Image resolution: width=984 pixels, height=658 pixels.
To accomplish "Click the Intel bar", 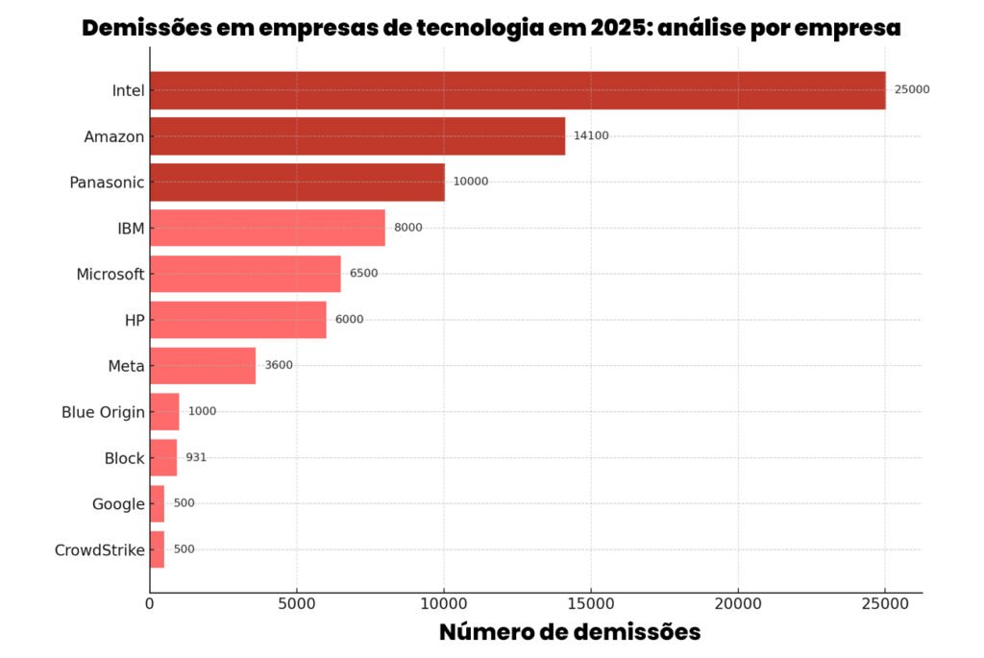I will click(517, 90).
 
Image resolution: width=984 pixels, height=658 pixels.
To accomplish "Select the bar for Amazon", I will click(357, 136).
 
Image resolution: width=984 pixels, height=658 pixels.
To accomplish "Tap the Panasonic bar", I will click(297, 182).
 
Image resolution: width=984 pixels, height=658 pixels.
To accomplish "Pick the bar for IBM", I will click(267, 228).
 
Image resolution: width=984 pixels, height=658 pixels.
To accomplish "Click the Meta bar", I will click(203, 366).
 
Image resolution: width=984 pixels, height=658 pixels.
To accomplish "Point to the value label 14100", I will click(591, 135).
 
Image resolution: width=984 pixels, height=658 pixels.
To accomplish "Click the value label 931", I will click(196, 457).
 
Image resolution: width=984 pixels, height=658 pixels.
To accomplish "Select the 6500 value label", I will click(363, 273).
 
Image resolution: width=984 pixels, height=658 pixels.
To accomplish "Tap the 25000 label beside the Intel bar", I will click(912, 89).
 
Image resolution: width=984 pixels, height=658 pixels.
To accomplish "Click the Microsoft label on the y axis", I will click(111, 275).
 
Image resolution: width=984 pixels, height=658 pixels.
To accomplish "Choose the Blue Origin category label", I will click(103, 412).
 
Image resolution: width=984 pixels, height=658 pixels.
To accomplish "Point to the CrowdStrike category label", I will click(100, 550).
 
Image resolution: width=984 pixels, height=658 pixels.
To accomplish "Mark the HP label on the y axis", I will click(135, 320).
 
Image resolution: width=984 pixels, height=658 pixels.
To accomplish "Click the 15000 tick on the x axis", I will click(591, 603).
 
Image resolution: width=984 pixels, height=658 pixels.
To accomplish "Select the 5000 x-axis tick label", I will click(296, 603).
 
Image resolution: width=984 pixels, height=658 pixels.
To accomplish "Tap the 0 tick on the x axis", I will click(150, 603).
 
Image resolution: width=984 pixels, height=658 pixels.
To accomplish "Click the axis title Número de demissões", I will click(570, 632).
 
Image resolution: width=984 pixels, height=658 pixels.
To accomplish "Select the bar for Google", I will click(157, 503).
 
